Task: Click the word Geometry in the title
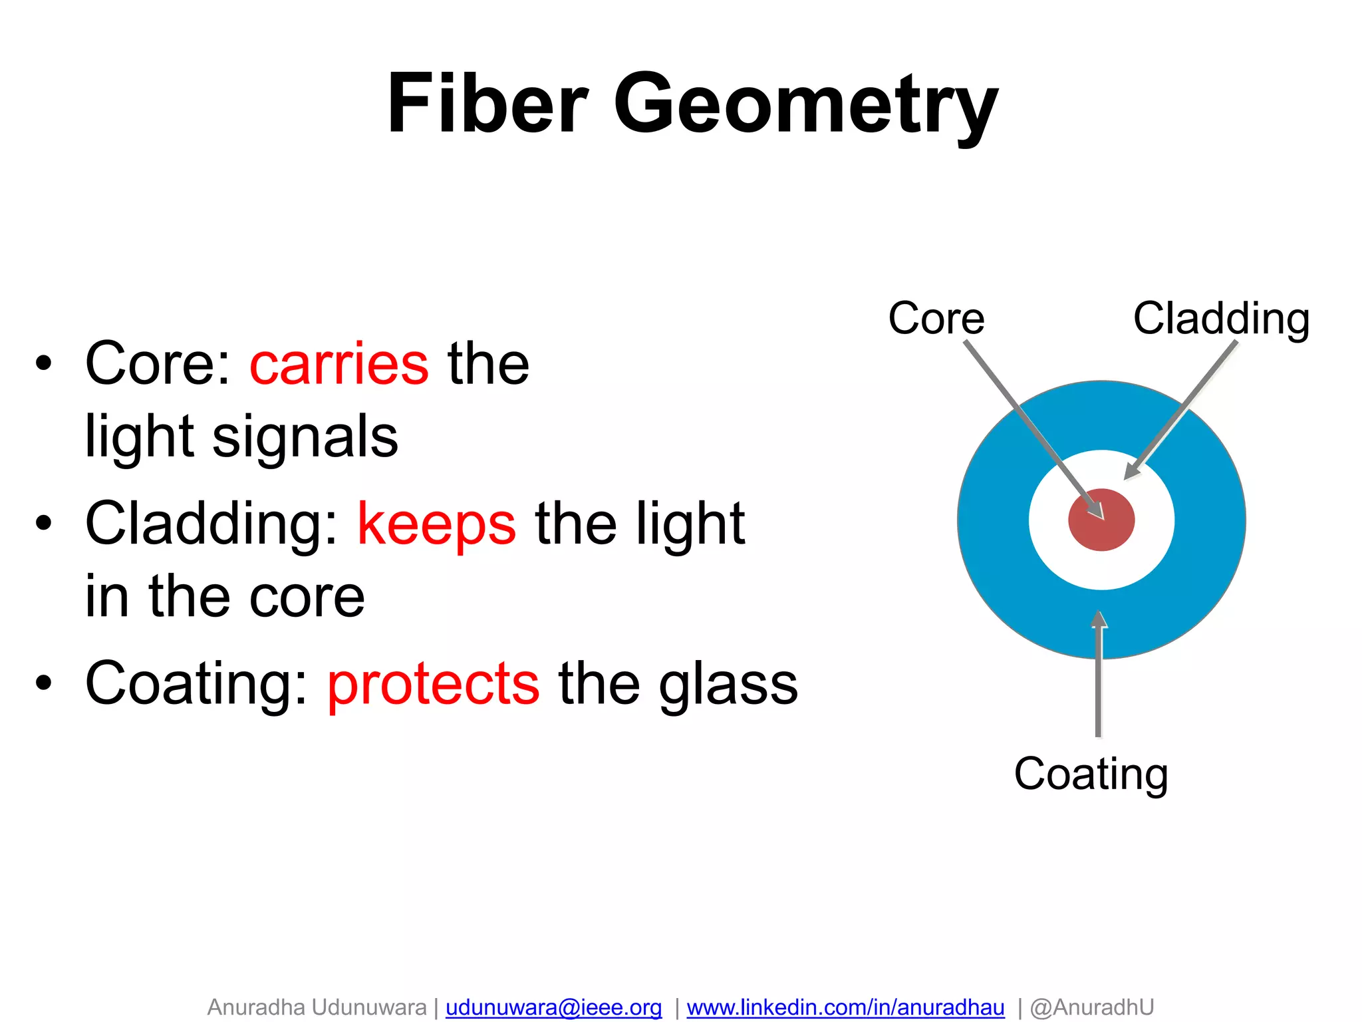pos(805,106)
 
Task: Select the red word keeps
pos(436,524)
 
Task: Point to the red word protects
pos(433,684)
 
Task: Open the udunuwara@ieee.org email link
pos(553,1007)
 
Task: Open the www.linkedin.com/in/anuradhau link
pos(845,1007)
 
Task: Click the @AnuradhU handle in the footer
pos(1091,1007)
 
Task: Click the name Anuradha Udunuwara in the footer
pos(317,1007)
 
